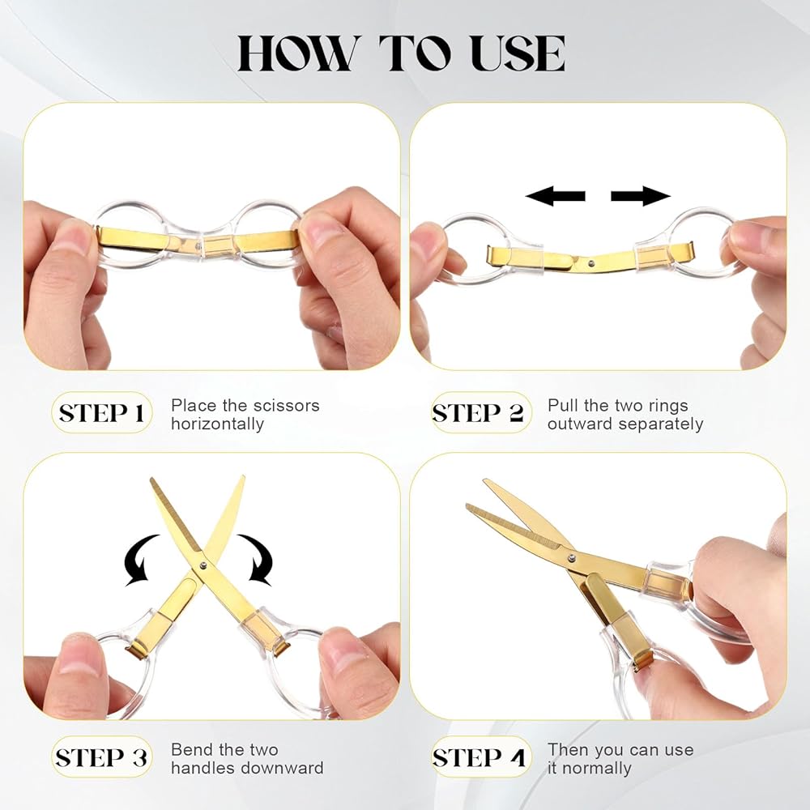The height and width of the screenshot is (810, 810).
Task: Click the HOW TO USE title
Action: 401,53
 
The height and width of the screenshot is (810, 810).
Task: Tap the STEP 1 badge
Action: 101,413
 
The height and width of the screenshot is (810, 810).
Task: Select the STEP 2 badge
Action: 481,413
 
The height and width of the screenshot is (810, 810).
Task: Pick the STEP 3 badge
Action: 101,757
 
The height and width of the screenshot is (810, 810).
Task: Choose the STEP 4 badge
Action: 481,757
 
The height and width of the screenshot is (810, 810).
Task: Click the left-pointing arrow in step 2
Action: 556,196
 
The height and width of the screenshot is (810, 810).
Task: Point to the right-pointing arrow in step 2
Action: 641,196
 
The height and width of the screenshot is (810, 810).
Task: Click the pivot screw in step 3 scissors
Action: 202,565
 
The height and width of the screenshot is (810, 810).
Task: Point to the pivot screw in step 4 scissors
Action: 571,557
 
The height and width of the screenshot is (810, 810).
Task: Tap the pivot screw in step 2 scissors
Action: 591,264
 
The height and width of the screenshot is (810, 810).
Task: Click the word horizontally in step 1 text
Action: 217,424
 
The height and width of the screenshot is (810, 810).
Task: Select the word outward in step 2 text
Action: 580,424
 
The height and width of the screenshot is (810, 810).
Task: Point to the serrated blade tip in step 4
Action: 467,506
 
